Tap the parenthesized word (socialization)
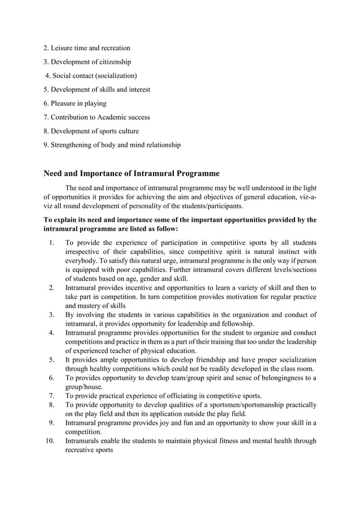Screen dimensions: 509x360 point(113,76)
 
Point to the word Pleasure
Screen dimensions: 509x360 point(65,103)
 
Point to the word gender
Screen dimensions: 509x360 point(155,278)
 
